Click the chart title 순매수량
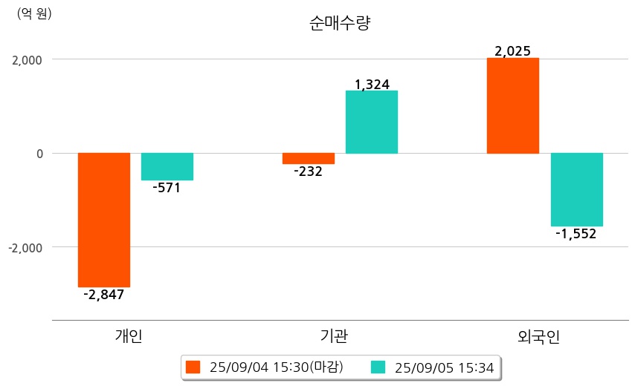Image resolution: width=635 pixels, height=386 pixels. coord(339,23)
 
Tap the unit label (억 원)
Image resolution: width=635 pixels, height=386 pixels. coord(34,13)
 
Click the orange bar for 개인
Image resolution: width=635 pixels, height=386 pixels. coord(104,220)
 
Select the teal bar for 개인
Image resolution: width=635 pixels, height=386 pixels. coord(167,166)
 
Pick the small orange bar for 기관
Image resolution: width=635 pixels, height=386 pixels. coord(309,158)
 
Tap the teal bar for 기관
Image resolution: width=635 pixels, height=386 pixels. coord(372,122)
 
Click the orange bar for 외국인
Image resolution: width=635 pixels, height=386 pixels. coord(513,105)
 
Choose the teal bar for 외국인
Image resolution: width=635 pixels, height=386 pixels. coord(576,189)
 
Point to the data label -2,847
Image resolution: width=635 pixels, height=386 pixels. coord(104,295)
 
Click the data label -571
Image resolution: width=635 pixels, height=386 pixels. coord(167,188)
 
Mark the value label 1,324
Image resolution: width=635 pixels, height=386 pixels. coord(372,85)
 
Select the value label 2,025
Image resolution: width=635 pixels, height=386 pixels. coord(512,51)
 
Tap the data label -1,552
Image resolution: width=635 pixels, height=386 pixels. coord(576,234)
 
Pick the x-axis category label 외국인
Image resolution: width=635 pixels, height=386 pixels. coord(538,336)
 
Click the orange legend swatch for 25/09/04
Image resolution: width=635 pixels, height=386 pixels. coord(193,367)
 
